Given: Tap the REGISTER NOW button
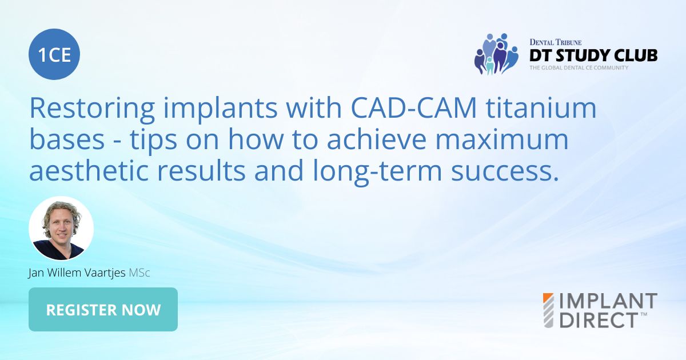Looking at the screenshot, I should pyautogui.click(x=103, y=310).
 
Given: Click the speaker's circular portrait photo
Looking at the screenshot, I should pyautogui.click(x=61, y=229).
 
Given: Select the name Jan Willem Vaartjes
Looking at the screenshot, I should pyautogui.click(x=77, y=273).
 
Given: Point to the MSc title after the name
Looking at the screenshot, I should pyautogui.click(x=139, y=273).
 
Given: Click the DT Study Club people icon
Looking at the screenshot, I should pyautogui.click(x=495, y=54).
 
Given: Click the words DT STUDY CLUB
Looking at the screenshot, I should pyautogui.click(x=593, y=55).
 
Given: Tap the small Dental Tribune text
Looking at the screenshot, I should pyautogui.click(x=556, y=42).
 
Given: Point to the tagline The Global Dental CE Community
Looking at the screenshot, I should pyautogui.click(x=579, y=67).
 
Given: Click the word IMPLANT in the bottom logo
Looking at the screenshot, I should pyautogui.click(x=608, y=301).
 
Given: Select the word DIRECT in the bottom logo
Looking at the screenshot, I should pyautogui.click(x=597, y=319).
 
